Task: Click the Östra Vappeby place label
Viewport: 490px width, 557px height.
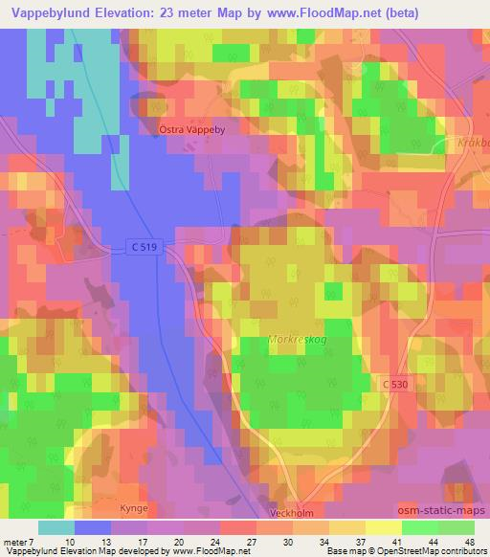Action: (x=190, y=126)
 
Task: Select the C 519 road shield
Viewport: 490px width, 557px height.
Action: (x=142, y=247)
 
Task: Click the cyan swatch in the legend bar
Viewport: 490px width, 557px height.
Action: (x=56, y=526)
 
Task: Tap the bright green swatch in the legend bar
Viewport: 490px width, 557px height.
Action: (x=419, y=526)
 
